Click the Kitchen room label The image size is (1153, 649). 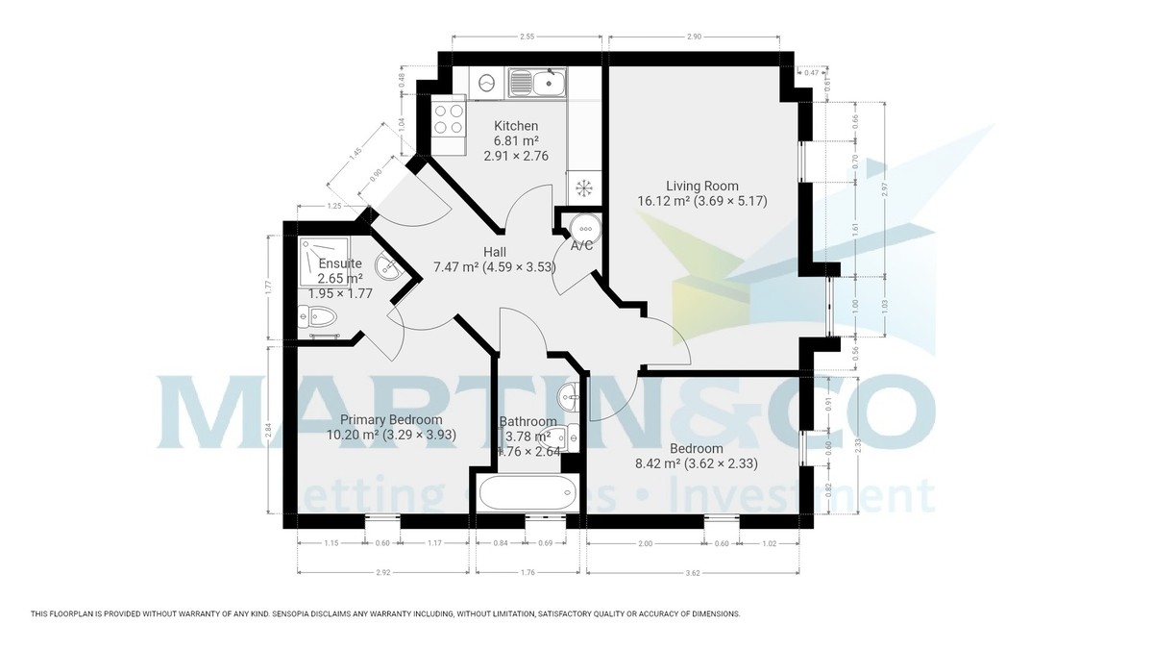point(516,126)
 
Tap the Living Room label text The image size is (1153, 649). point(701,186)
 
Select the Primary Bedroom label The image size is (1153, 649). point(390,419)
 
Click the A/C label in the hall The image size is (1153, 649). point(581,246)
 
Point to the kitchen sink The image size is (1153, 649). point(536,83)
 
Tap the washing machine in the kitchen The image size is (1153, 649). point(487,83)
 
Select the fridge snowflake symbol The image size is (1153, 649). point(582,187)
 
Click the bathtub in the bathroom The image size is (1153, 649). point(526,491)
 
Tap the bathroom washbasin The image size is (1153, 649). point(568,392)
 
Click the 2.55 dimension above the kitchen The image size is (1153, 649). point(527,37)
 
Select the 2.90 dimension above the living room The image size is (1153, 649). point(694,37)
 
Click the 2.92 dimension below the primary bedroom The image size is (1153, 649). point(382,573)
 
